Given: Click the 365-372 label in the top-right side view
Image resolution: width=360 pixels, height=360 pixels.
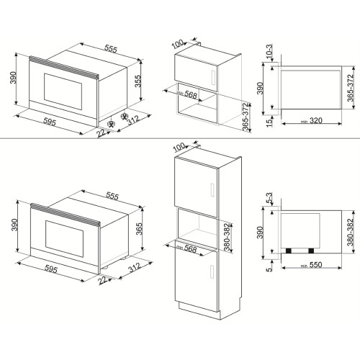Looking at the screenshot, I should tap(351, 86).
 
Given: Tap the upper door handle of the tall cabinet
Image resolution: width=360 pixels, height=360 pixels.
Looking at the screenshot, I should tap(214, 189).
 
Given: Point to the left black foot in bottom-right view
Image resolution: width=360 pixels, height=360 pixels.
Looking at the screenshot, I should tap(290, 250).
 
